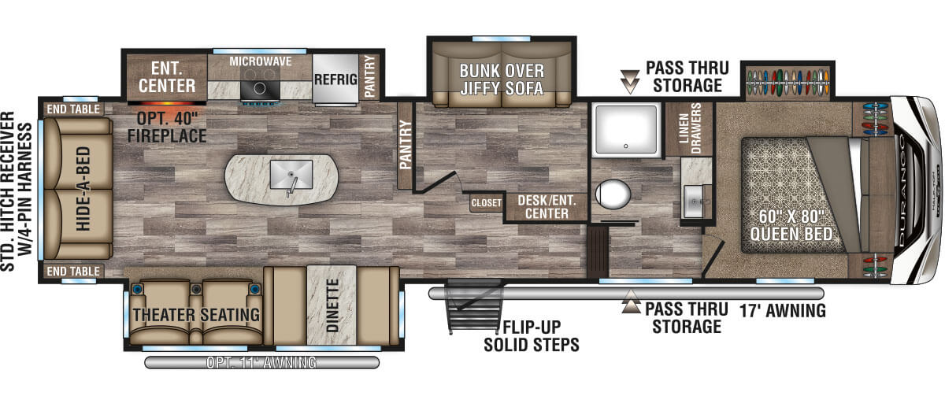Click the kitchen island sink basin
(x=291, y=174)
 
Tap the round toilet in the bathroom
(x=613, y=194)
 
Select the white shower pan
(x=626, y=129)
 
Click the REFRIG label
(x=335, y=79)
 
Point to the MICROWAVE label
(x=261, y=61)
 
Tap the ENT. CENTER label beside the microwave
(x=167, y=77)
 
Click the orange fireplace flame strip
(x=167, y=103)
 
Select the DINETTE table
(x=332, y=305)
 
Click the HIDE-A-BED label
(x=83, y=188)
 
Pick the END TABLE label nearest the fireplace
(x=73, y=109)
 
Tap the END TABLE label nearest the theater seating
(x=73, y=271)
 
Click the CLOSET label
(x=487, y=203)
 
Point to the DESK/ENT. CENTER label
(x=547, y=207)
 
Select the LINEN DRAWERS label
(x=690, y=128)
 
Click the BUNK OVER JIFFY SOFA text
(x=502, y=80)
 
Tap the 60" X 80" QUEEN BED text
(x=791, y=225)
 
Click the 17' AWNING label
(x=783, y=310)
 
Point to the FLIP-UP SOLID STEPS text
(x=532, y=335)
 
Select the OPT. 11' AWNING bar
(x=261, y=362)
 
